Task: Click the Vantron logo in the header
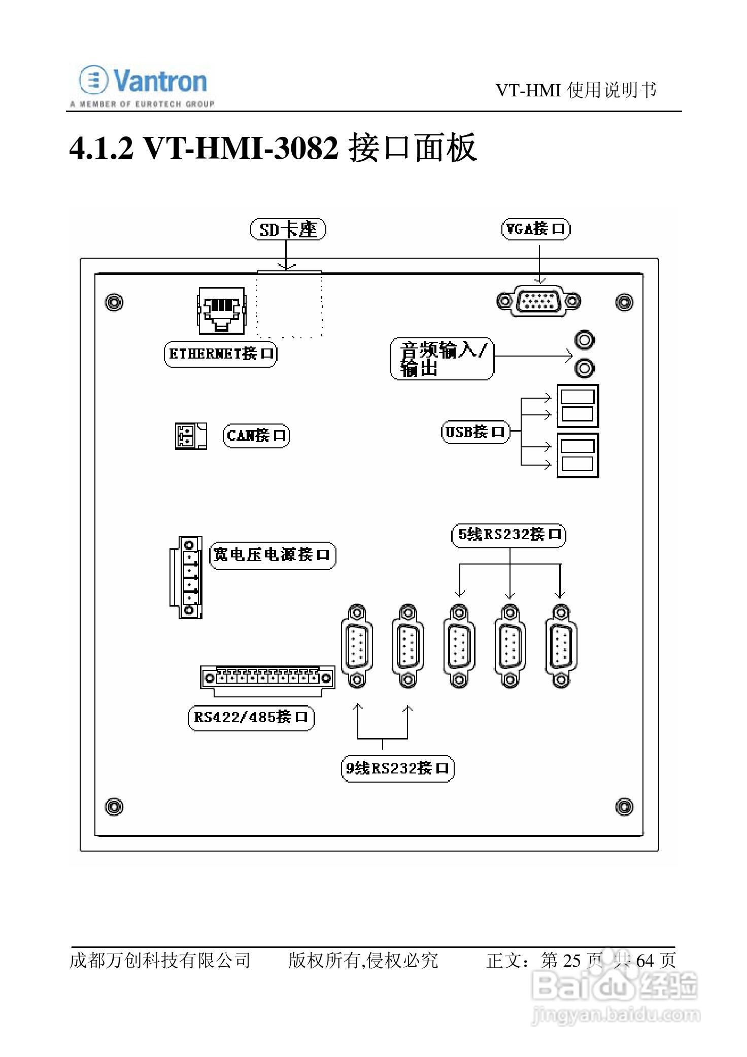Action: [x=143, y=85]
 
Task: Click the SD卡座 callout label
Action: [x=288, y=230]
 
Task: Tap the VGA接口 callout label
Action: [x=535, y=229]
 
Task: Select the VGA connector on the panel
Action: [x=538, y=301]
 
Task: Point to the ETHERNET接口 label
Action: [x=221, y=354]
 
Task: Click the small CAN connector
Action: [x=190, y=436]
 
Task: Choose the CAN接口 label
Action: [x=256, y=435]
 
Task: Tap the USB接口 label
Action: [x=475, y=432]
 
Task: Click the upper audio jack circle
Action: [x=585, y=340]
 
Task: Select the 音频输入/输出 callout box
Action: [x=442, y=359]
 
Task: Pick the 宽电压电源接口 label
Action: [x=273, y=555]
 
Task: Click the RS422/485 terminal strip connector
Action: [x=267, y=678]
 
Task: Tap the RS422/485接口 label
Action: [x=251, y=717]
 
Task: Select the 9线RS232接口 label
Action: [x=397, y=768]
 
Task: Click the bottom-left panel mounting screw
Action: [x=113, y=806]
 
